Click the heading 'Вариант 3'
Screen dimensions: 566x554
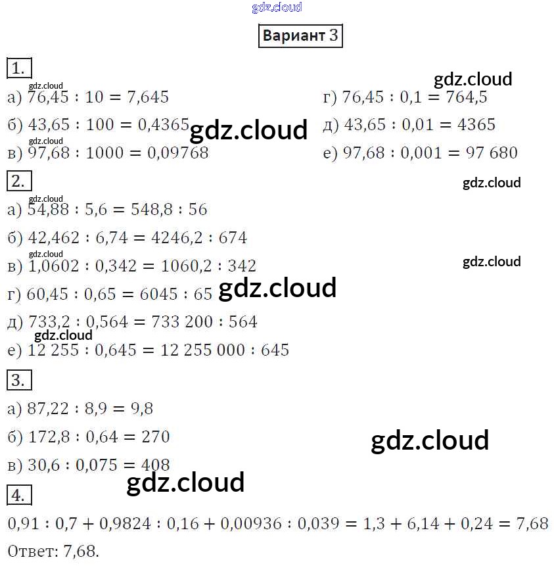[x=300, y=35]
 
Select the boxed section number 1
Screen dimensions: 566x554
[x=18, y=68]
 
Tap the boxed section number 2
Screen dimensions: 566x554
[x=18, y=181]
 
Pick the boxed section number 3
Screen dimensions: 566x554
[x=18, y=380]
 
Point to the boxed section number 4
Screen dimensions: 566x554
[x=18, y=494]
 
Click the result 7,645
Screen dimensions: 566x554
[x=146, y=97]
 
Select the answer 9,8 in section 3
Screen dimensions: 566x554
[x=141, y=409]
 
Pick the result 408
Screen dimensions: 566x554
[x=155, y=465]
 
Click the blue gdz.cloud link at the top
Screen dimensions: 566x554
[x=277, y=7]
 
